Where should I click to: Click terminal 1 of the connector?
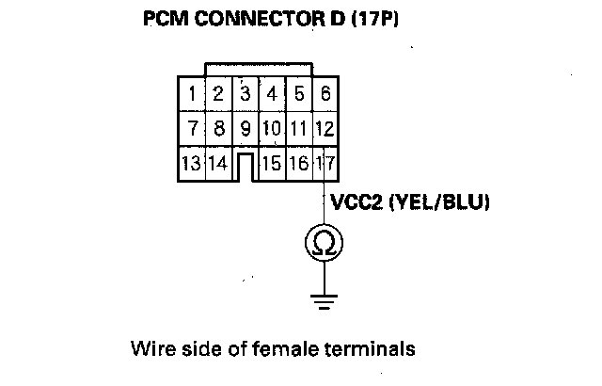(191, 93)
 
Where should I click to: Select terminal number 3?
(245, 93)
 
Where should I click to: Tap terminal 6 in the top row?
(325, 93)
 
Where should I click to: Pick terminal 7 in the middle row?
(191, 127)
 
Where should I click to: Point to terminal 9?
(245, 127)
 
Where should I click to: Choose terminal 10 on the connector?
(272, 127)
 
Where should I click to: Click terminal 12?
(325, 127)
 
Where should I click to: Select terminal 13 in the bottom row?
(191, 162)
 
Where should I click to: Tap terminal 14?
(217, 162)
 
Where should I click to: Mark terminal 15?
(272, 162)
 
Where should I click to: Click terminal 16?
(298, 162)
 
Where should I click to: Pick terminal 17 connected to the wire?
(325, 162)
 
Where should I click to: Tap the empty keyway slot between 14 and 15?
(245, 166)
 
